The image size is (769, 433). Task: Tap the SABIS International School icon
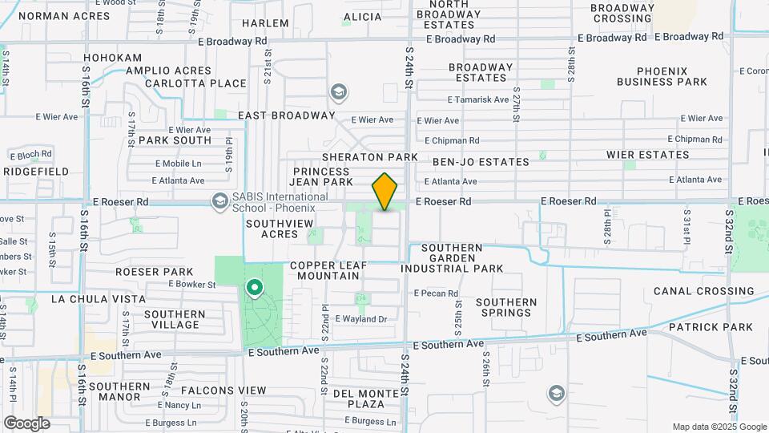pyautogui.click(x=218, y=200)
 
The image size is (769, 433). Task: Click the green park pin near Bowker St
pyautogui.click(x=255, y=287)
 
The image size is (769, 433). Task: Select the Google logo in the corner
pyautogui.click(x=26, y=423)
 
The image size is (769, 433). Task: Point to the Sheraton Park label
pyautogui.click(x=370, y=156)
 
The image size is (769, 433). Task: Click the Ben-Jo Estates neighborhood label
pyautogui.click(x=481, y=162)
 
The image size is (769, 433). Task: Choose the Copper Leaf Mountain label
pyautogui.click(x=325, y=270)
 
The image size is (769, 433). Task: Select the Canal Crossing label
pyautogui.click(x=703, y=291)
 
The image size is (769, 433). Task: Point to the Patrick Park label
pyautogui.click(x=711, y=327)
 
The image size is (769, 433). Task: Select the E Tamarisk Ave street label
pyautogui.click(x=478, y=100)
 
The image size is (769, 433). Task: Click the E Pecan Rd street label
pyautogui.click(x=436, y=293)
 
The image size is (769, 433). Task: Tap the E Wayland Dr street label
pyautogui.click(x=360, y=319)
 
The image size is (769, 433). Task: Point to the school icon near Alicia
pyautogui.click(x=339, y=92)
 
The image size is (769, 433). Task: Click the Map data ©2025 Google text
pyautogui.click(x=719, y=427)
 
